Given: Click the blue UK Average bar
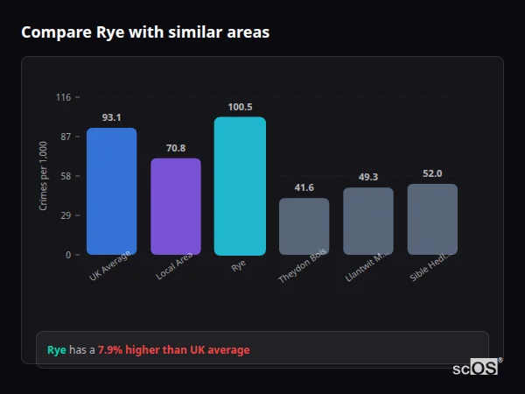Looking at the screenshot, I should click(111, 192).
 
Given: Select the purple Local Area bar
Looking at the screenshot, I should click(176, 207).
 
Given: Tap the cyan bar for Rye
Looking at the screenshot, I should click(240, 186).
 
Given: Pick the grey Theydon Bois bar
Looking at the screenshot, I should click(304, 227).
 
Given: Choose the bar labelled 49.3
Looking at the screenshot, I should click(368, 222).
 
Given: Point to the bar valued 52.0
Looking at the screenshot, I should click(432, 219).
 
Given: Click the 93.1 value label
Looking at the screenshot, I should click(111, 117).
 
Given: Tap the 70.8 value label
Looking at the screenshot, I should click(176, 148).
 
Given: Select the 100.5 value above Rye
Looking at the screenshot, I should click(240, 107).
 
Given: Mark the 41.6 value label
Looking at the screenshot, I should click(304, 187).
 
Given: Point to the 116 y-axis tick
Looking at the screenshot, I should click(63, 97).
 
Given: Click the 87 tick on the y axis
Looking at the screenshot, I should click(65, 137).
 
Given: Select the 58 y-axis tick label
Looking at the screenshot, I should click(65, 176).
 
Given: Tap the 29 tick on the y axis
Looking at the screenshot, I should click(65, 215).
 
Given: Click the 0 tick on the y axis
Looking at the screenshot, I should click(67, 255).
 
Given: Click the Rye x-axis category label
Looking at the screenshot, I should click(238, 266).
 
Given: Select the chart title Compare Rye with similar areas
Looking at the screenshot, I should click(145, 32).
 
